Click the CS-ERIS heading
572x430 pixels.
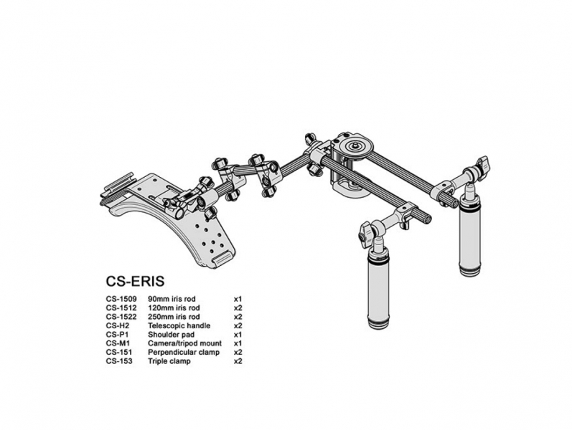135,281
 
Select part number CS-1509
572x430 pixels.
121,299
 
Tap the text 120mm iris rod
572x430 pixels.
174,308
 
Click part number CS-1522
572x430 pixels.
121,317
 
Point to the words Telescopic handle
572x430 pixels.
179,325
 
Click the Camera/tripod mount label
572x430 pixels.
184,343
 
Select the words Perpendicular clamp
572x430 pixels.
184,353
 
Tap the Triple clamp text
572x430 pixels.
169,361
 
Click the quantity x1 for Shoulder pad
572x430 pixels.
238,335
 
